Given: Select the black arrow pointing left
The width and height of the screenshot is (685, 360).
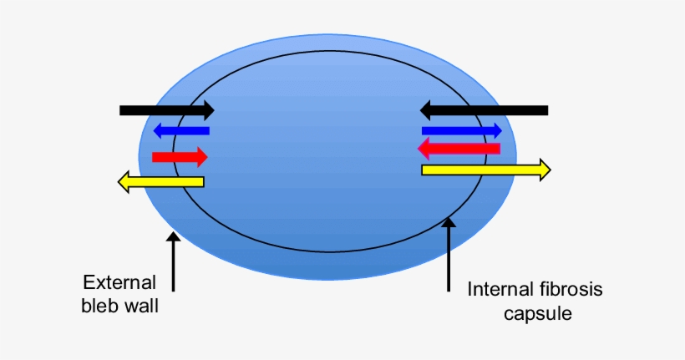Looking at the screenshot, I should tap(485, 110).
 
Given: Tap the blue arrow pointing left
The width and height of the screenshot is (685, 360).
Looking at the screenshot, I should tap(181, 130).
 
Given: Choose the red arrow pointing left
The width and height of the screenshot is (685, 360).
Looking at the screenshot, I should tap(459, 149).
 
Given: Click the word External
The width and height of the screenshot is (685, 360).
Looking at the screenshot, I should tap(119, 281).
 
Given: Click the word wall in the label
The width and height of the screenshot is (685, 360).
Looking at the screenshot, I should tap(140, 307).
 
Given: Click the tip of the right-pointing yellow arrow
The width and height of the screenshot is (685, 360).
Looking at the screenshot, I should tap(550, 170).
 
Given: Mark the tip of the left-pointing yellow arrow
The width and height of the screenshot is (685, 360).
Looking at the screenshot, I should tap(119, 181).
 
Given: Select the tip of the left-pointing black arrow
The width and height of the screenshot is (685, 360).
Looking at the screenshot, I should tap(421, 110).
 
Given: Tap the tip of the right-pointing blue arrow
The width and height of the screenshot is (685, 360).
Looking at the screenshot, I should tap(501, 130).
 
